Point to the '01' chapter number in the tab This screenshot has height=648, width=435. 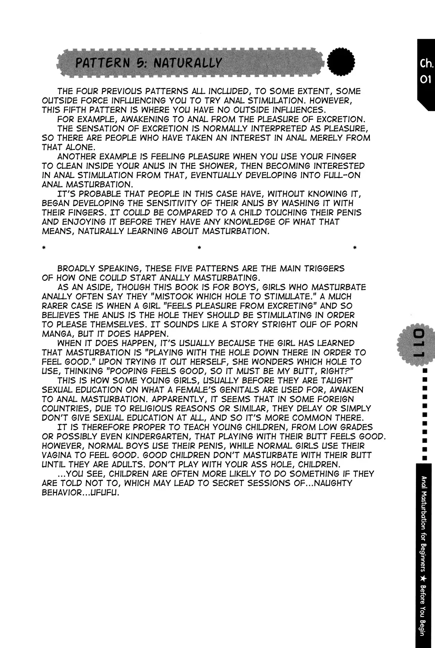[x=425, y=81]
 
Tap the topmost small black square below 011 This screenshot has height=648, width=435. [x=425, y=371]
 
